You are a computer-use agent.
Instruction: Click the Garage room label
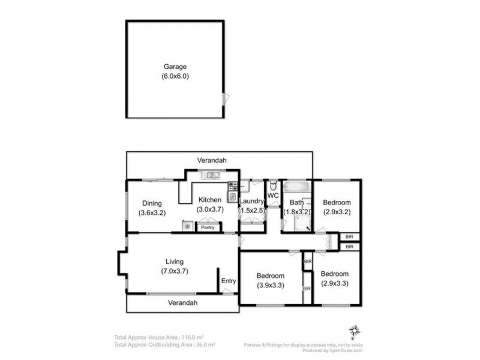click(x=175, y=67)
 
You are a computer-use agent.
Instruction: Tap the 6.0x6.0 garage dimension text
click(x=175, y=77)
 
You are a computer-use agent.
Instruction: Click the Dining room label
click(x=151, y=203)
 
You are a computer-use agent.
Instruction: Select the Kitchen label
click(x=209, y=200)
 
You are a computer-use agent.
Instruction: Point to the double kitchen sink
click(x=211, y=175)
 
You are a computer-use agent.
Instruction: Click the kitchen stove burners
click(x=231, y=187)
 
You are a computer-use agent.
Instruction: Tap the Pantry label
click(x=208, y=227)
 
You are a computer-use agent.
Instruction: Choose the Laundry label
click(x=251, y=201)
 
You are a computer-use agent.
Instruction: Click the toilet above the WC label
click(x=272, y=184)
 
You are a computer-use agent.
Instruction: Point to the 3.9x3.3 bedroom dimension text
click(x=270, y=285)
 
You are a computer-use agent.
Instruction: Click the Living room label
click(x=175, y=262)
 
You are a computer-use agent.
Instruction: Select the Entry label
click(x=229, y=281)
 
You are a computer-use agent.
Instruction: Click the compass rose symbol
click(x=355, y=331)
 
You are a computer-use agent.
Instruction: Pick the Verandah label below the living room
click(x=182, y=303)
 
